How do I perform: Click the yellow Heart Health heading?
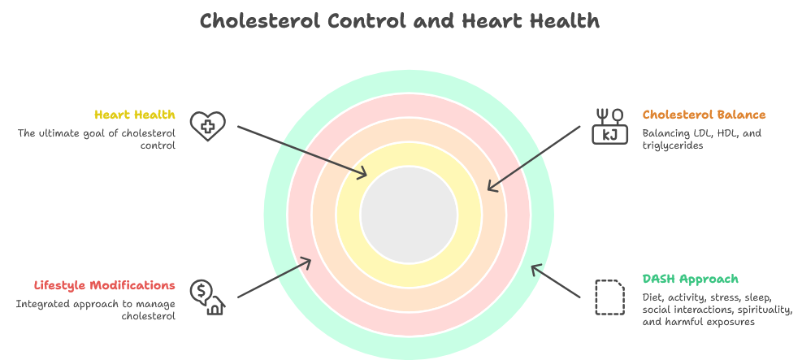coord(134,115)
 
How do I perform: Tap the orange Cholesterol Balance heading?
coord(704,115)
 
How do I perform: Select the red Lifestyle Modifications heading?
coord(104,285)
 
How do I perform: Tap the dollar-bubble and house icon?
coord(207,297)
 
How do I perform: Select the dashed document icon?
coord(610,297)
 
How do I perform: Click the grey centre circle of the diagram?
coord(409,215)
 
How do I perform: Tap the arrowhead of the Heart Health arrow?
coord(363,172)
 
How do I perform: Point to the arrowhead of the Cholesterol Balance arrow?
coord(491,188)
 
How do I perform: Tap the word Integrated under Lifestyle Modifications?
coord(41,303)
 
